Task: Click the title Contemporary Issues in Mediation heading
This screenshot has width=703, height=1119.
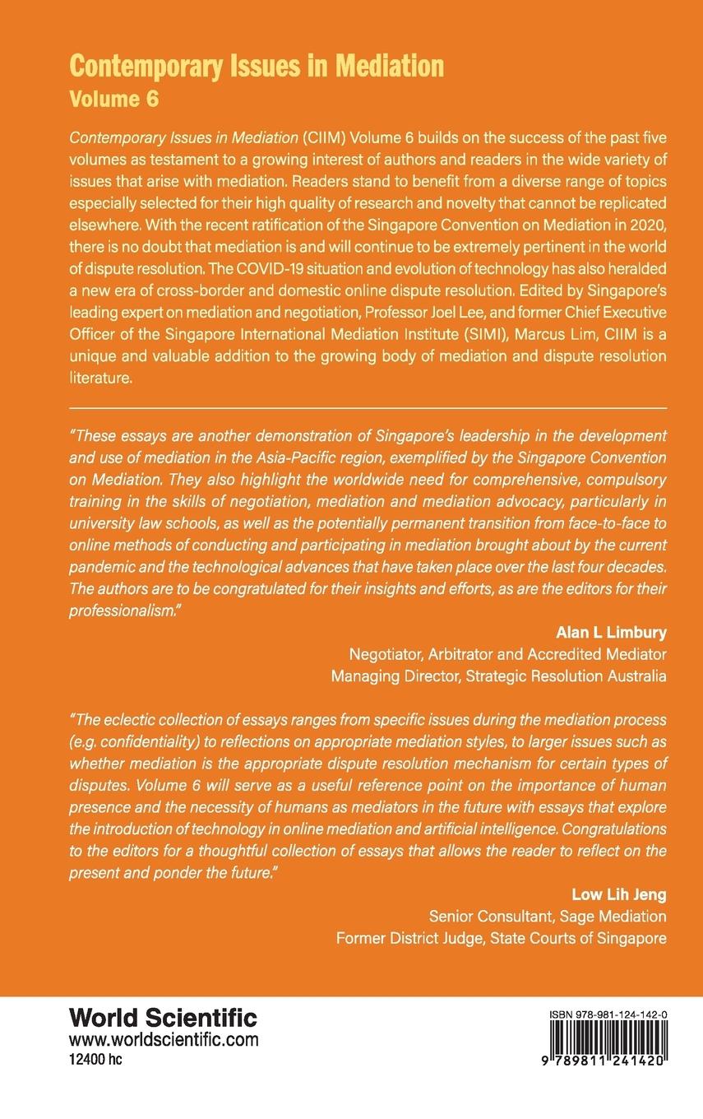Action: click(x=257, y=65)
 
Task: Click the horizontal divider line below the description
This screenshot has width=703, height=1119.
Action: click(x=368, y=407)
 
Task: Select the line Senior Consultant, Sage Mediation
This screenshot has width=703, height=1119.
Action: click(x=548, y=916)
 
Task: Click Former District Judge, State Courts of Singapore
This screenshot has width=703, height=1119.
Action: click(x=502, y=938)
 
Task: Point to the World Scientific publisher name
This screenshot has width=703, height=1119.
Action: click(x=163, y=1017)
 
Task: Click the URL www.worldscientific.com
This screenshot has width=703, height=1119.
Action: click(x=164, y=1039)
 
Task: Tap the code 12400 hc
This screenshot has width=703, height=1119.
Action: click(x=95, y=1058)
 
